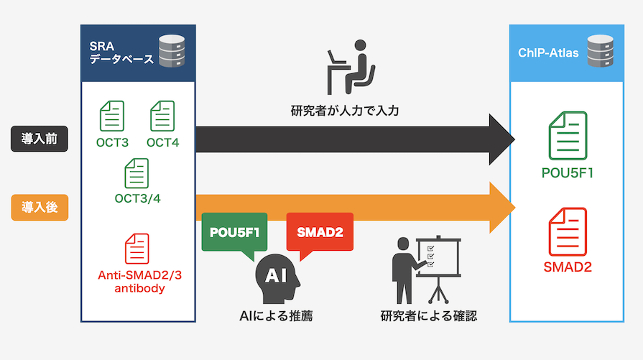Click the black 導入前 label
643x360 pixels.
pyautogui.click(x=40, y=139)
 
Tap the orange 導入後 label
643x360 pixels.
pyautogui.click(x=40, y=208)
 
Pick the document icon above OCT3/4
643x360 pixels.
pyautogui.click(x=137, y=173)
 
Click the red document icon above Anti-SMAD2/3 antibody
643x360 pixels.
pyautogui.click(x=137, y=249)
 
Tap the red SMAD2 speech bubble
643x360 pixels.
pyautogui.click(x=320, y=232)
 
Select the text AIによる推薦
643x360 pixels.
pyautogui.click(x=277, y=315)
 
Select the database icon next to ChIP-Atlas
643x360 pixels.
pyautogui.click(x=598, y=52)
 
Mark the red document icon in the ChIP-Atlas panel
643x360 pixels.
pyautogui.click(x=567, y=231)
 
